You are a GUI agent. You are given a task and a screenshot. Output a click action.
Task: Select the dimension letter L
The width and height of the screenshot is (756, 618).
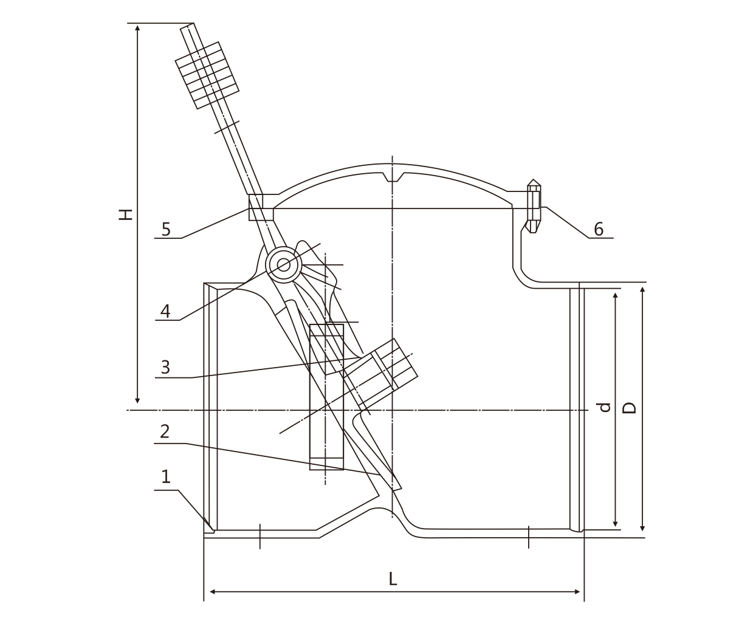pyautogui.click(x=393, y=579)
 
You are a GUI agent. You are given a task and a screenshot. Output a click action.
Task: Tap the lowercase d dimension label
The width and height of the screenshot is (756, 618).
pyautogui.click(x=604, y=407)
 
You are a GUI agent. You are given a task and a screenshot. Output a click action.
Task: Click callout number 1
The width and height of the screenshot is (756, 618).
pyautogui.click(x=165, y=477)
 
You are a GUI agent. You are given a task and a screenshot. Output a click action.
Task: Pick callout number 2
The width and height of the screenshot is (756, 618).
pyautogui.click(x=165, y=431)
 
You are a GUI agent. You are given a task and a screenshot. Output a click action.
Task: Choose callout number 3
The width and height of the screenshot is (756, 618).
pyautogui.click(x=165, y=367)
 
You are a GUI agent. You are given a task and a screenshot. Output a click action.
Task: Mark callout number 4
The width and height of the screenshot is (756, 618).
pyautogui.click(x=165, y=312)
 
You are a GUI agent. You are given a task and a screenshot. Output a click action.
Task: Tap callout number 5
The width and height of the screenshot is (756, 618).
pyautogui.click(x=166, y=229)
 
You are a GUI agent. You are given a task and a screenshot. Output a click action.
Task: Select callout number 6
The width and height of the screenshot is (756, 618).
pyautogui.click(x=599, y=229)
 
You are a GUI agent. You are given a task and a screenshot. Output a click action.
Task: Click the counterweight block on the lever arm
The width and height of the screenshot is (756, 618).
pyautogui.click(x=207, y=75)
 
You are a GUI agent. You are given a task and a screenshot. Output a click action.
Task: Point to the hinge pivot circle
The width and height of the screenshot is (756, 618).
pyautogui.click(x=284, y=264)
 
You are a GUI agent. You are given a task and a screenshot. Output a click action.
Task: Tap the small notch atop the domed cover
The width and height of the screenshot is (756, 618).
pyautogui.click(x=394, y=177)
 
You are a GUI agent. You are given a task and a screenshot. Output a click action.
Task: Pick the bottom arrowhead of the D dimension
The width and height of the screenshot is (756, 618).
pyautogui.click(x=643, y=528)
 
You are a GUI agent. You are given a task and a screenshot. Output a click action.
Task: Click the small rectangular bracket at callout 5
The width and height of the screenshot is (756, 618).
pyautogui.click(x=260, y=208)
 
